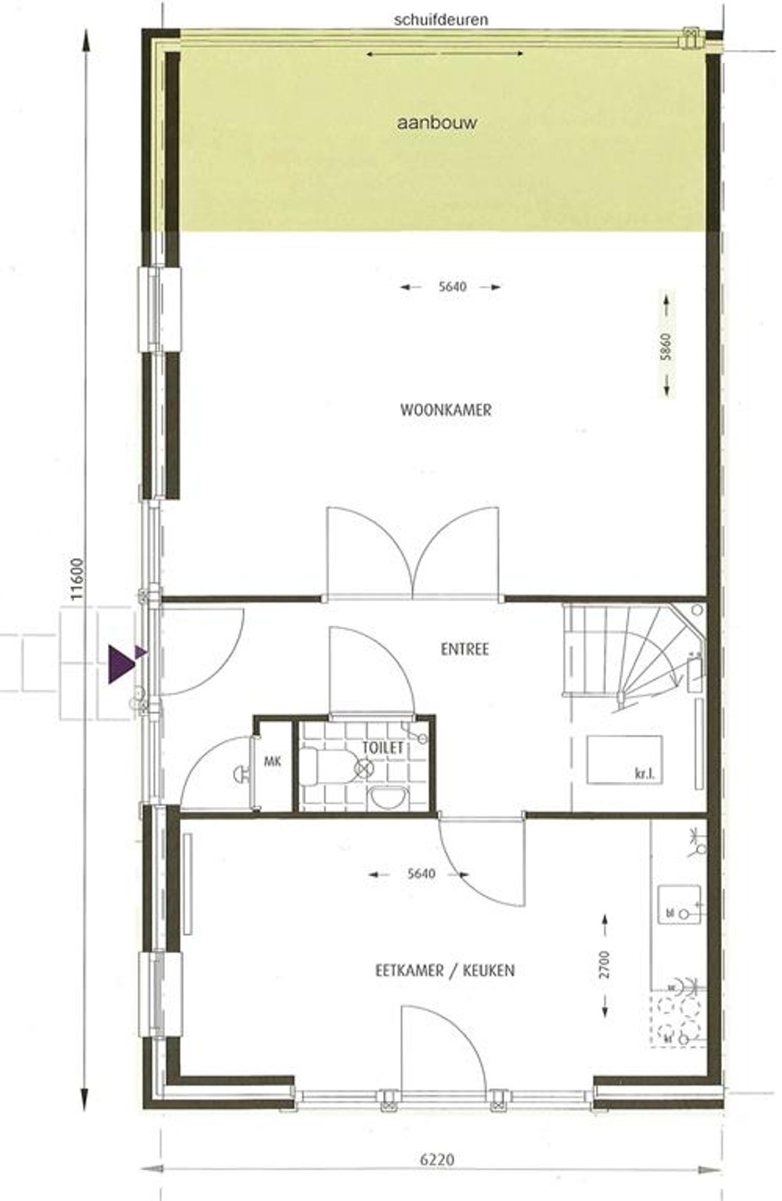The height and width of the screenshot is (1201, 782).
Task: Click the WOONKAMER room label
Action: coord(445,410)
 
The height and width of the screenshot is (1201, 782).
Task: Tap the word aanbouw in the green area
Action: coord(436,123)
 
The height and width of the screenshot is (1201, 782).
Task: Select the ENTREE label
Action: coord(464,649)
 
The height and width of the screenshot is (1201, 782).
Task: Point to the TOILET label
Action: coord(382,748)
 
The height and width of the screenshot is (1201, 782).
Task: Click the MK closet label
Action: coord(272,761)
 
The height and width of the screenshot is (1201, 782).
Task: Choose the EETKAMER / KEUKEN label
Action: coord(445,971)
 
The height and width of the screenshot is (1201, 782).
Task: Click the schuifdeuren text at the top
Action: coord(441,20)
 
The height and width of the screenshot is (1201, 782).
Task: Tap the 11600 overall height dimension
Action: coord(77,579)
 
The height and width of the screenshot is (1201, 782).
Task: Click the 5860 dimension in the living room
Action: coord(665,346)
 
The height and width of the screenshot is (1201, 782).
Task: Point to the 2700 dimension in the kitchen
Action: coord(605,964)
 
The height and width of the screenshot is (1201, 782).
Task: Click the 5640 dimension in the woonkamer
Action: coord(452,286)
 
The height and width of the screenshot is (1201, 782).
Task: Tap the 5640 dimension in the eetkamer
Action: coord(421,874)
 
